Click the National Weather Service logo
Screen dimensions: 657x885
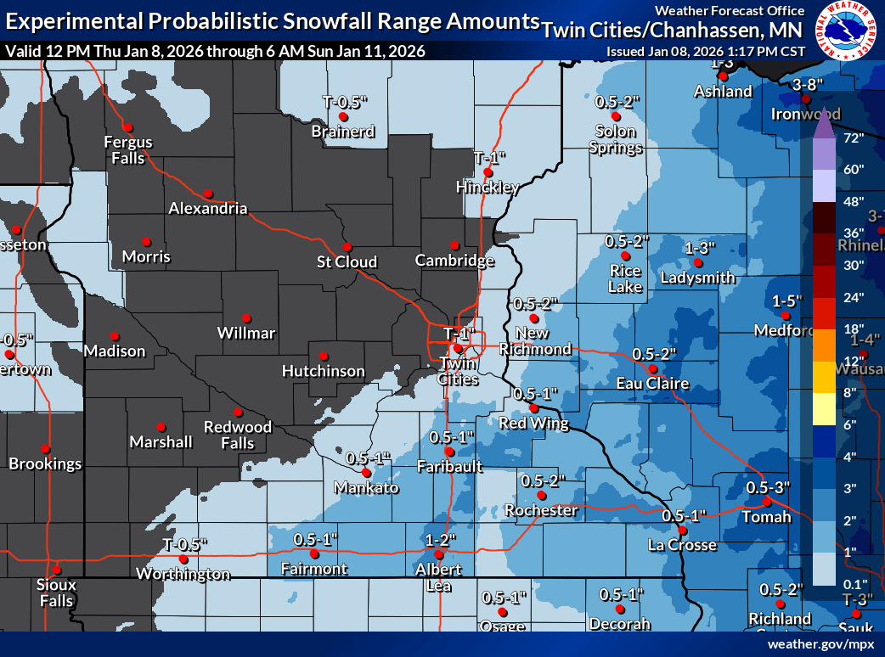pyautogui.click(x=845, y=31)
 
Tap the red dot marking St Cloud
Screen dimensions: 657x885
pyautogui.click(x=347, y=246)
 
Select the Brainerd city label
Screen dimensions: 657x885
pyautogui.click(x=343, y=132)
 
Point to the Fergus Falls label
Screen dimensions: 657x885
pyautogui.click(x=128, y=149)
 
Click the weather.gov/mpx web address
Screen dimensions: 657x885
pyautogui.click(x=820, y=644)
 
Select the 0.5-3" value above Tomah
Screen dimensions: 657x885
pyautogui.click(x=768, y=487)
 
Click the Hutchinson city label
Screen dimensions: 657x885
pyautogui.click(x=324, y=371)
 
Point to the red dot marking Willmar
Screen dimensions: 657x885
pyautogui.click(x=246, y=317)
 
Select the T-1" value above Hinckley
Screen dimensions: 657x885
pyautogui.click(x=489, y=157)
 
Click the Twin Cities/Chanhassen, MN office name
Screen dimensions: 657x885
pyautogui.click(x=673, y=31)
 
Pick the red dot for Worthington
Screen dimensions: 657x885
pyautogui.click(x=183, y=559)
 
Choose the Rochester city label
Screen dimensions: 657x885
pyautogui.click(x=541, y=510)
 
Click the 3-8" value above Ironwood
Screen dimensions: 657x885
pyautogui.click(x=808, y=84)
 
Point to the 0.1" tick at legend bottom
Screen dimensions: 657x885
pyautogui.click(x=854, y=583)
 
